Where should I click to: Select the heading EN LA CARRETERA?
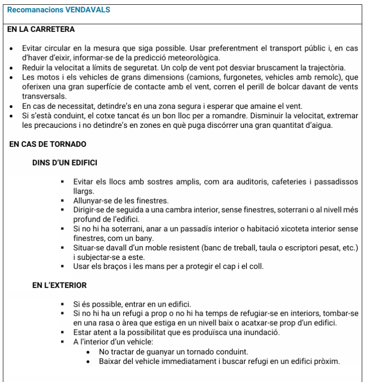[x=41, y=29]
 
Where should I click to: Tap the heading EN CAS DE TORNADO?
[x=48, y=144]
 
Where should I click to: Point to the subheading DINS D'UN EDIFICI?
[x=64, y=163]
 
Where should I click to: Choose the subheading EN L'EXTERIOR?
[x=60, y=285]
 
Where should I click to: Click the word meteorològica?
[x=189, y=58]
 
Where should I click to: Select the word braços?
[x=112, y=266]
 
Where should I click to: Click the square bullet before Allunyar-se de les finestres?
[x=62, y=201]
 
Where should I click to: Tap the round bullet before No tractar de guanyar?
[x=89, y=351]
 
